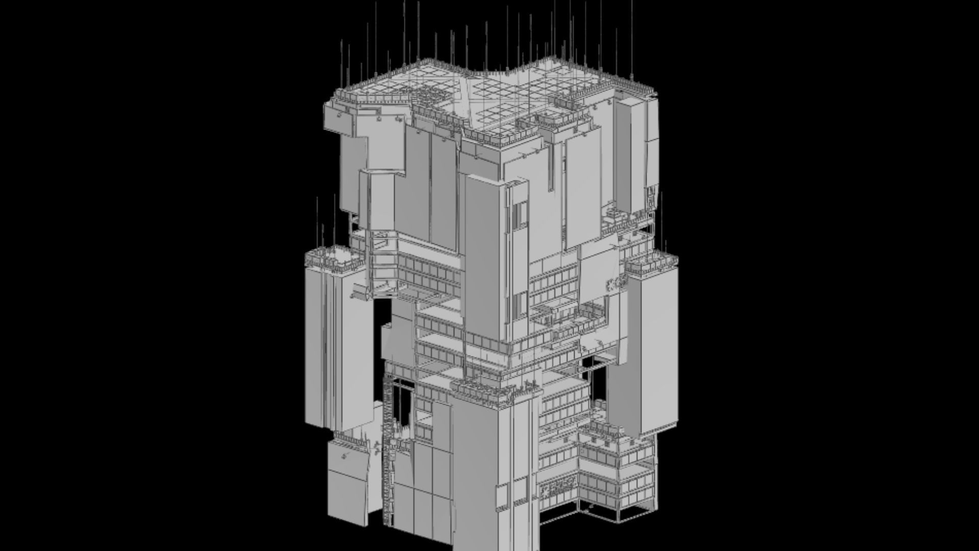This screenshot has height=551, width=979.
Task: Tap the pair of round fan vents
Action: point(615,284)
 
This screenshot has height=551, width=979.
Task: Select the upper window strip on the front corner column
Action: point(519,214)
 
